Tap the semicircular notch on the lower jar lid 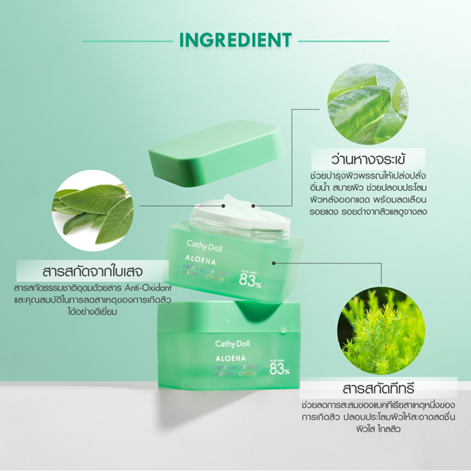(265, 313)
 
